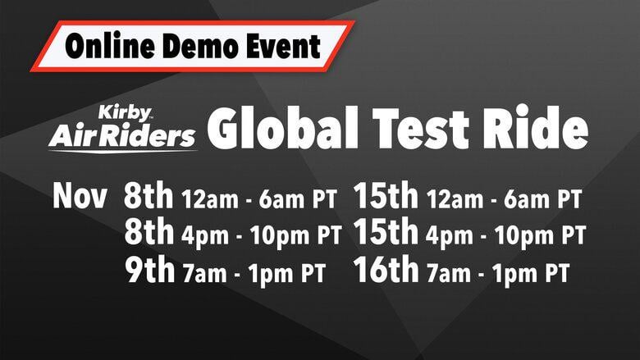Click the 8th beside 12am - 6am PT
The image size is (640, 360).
[x=149, y=198]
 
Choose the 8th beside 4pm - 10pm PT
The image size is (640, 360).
[x=149, y=234]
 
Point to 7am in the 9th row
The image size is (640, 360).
[x=203, y=271]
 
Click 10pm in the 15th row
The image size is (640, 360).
[x=519, y=236]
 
